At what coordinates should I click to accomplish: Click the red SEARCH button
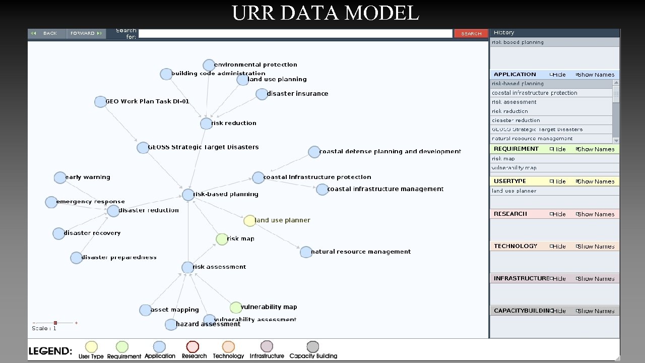click(471, 33)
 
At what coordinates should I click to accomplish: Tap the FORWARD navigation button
click(86, 33)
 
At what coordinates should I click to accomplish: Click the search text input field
click(295, 33)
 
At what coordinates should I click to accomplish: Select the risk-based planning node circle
click(188, 195)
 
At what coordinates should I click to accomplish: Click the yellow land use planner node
click(249, 220)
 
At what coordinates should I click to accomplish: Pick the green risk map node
click(222, 239)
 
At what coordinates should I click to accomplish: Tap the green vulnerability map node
click(236, 308)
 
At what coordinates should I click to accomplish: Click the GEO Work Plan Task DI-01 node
click(100, 102)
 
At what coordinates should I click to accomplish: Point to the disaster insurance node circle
click(262, 94)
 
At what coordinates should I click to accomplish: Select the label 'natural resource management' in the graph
click(361, 252)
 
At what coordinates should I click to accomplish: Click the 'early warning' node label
click(88, 177)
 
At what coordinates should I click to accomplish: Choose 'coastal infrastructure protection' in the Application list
click(534, 93)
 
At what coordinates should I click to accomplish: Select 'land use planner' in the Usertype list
click(514, 191)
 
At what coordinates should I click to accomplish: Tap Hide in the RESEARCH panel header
click(558, 214)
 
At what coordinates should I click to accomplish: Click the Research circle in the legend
click(192, 347)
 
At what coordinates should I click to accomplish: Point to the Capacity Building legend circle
click(313, 347)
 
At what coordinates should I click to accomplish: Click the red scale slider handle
click(55, 323)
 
